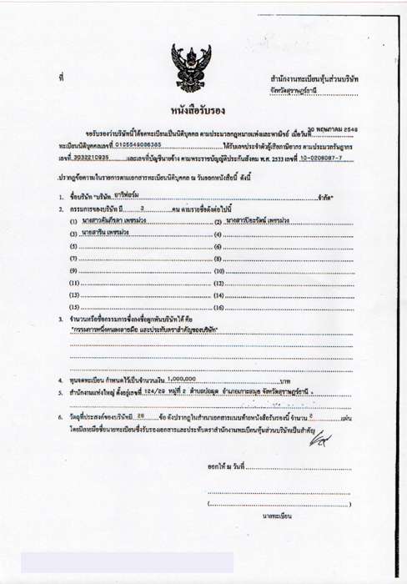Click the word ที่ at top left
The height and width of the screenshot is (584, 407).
[61, 78]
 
